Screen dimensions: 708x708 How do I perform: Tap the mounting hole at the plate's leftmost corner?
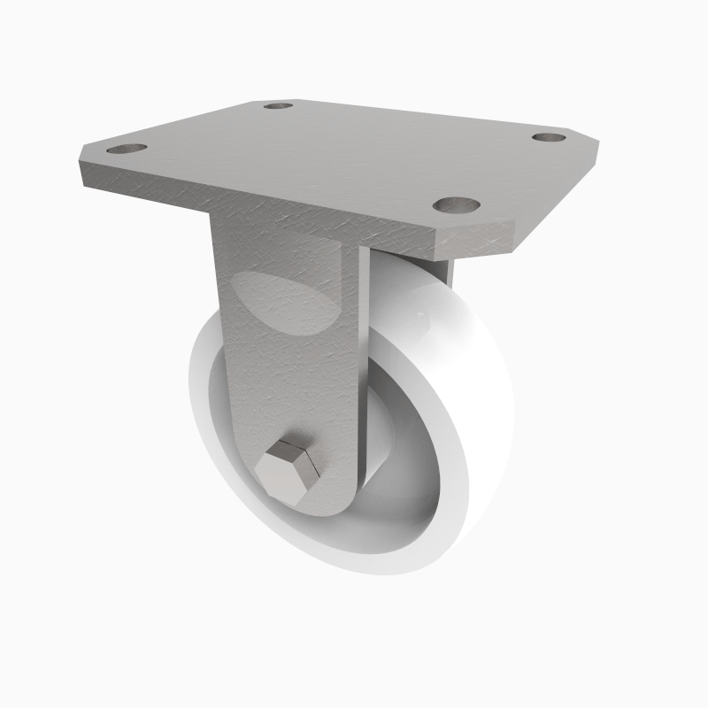[127, 149]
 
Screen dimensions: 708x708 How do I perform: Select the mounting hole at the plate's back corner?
[278, 105]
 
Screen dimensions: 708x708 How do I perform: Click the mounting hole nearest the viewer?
[457, 205]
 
